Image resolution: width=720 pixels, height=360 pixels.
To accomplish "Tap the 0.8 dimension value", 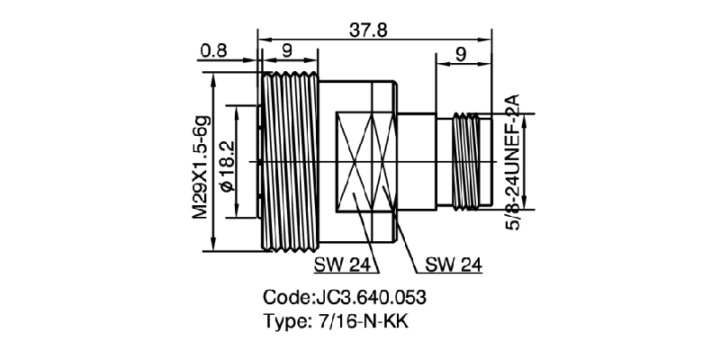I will [213, 51].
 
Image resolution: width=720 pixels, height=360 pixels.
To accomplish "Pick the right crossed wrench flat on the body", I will [382, 162].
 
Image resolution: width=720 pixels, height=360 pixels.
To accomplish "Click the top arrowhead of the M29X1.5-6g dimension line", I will [213, 78].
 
